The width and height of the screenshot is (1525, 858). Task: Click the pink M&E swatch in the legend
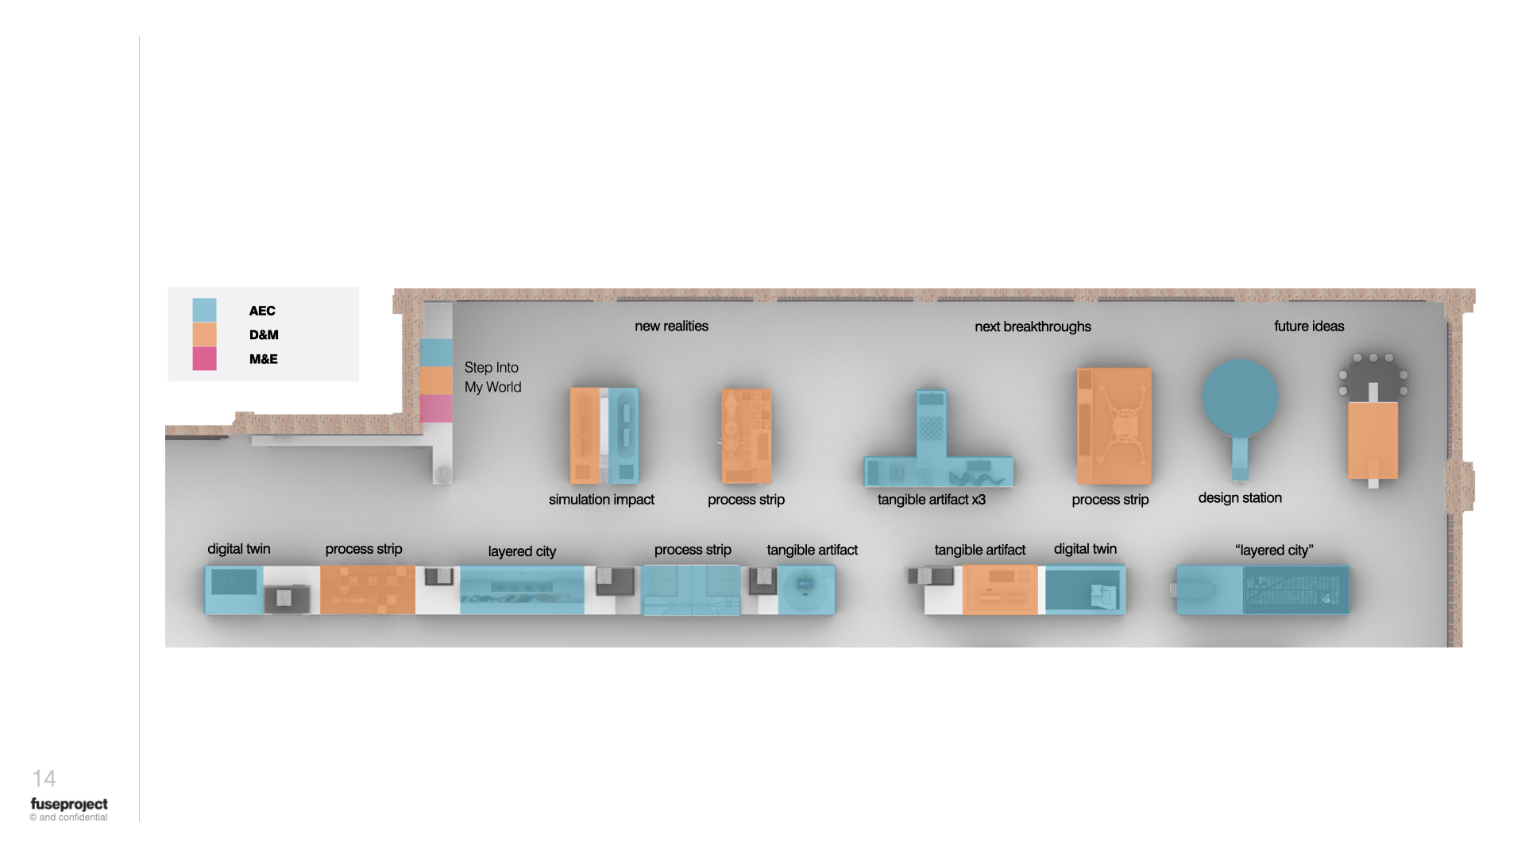204,358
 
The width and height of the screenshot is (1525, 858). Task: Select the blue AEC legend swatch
204,310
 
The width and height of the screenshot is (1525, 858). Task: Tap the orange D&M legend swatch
204,334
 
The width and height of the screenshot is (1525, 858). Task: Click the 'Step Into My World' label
492,377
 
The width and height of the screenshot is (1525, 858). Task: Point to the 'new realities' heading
671,326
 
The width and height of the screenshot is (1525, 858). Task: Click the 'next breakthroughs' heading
1033,327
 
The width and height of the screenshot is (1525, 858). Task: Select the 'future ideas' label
1309,326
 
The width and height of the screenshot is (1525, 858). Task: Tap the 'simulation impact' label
601,500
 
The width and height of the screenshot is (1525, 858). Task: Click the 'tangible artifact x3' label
931,500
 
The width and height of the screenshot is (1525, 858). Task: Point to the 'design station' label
1240,498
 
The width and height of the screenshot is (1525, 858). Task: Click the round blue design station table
1240,398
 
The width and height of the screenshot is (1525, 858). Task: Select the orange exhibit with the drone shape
1114,426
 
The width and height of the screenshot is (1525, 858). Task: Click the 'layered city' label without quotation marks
522,551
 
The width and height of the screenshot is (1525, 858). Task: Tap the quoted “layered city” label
1274,550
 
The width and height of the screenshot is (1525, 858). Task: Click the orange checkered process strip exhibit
368,589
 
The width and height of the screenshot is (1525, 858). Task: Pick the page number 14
44,779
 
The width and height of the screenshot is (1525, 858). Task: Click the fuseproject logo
69,804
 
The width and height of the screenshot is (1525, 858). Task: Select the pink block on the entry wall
436,408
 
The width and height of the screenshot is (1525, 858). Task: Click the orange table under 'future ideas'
1373,440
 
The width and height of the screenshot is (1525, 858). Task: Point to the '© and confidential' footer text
68,817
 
